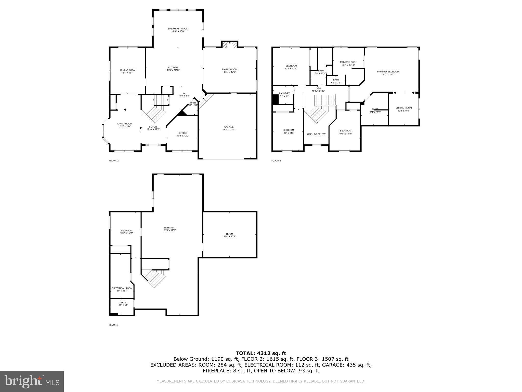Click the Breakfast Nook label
(178, 29)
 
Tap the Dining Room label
(128, 70)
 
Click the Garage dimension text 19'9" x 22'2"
(229, 130)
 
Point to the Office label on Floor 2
(183, 133)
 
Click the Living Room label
(125, 124)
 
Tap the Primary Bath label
(348, 62)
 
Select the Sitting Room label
(403, 108)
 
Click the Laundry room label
(284, 93)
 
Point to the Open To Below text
(316, 134)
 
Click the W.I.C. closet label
(375, 109)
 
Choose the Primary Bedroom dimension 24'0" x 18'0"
(388, 75)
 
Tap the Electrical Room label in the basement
(122, 288)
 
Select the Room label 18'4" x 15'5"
(229, 234)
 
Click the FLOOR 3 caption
(276, 161)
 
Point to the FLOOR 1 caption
(114, 325)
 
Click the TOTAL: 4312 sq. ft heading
(261, 353)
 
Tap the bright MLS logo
(32, 381)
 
